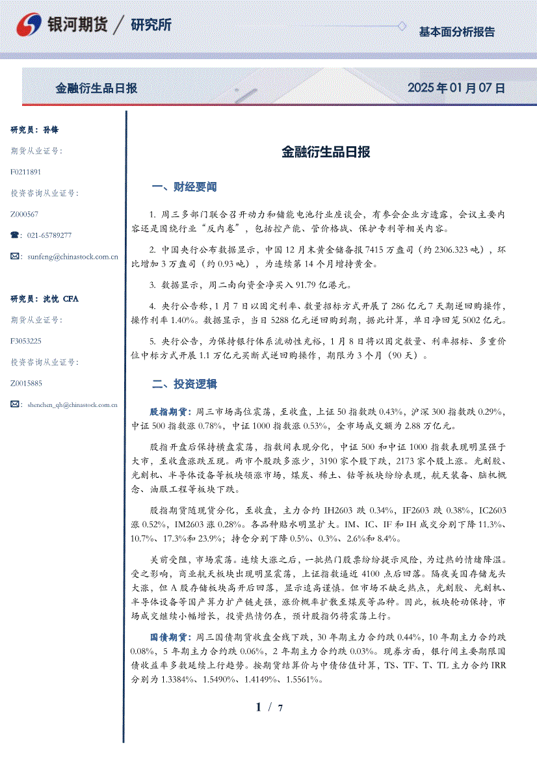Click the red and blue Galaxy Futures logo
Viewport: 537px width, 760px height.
(29, 25)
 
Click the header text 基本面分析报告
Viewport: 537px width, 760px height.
(456, 32)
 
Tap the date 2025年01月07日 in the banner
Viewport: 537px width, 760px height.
(456, 88)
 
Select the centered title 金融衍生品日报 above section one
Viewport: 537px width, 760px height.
(326, 153)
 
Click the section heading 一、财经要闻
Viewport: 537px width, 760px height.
(184, 187)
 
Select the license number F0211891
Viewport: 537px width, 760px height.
(26, 172)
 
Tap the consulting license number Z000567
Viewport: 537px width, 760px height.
(25, 214)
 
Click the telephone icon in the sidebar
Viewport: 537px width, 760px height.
(15, 235)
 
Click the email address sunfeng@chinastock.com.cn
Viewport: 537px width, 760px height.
(73, 257)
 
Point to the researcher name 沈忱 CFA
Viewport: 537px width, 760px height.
(60, 299)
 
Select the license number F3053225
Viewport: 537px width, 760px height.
(26, 341)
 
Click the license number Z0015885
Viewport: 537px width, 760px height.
(27, 383)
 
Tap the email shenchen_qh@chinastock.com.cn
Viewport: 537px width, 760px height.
(72, 404)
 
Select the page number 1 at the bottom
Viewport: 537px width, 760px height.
(259, 707)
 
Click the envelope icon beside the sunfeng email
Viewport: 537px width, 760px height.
(16, 257)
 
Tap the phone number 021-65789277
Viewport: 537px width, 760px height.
(49, 235)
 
